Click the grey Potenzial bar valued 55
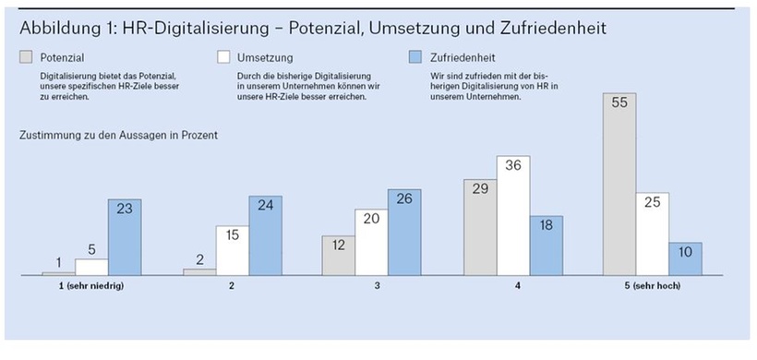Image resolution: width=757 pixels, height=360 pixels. click(x=619, y=185)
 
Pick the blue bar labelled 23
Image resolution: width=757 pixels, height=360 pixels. click(x=125, y=237)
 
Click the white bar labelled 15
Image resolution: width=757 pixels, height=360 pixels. click(x=231, y=250)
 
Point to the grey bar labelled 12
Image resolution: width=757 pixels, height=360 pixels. click(x=338, y=255)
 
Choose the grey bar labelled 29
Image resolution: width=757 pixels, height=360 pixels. click(x=479, y=227)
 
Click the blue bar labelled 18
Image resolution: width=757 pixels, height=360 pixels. click(x=546, y=246)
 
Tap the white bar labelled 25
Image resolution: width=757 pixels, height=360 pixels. click(x=652, y=234)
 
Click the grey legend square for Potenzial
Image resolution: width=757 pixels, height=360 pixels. click(x=26, y=57)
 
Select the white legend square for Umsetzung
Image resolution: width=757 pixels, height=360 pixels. click(x=222, y=57)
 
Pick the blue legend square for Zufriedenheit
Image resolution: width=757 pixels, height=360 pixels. click(x=414, y=57)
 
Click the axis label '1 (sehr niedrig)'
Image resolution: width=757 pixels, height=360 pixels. click(x=91, y=286)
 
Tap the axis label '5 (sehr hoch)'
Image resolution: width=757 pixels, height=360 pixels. click(x=652, y=286)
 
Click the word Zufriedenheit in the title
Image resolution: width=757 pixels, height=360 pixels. click(x=554, y=27)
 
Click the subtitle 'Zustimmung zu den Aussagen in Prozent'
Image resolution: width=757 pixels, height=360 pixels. click(x=118, y=136)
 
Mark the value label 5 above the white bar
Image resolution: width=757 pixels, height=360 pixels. click(x=91, y=248)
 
